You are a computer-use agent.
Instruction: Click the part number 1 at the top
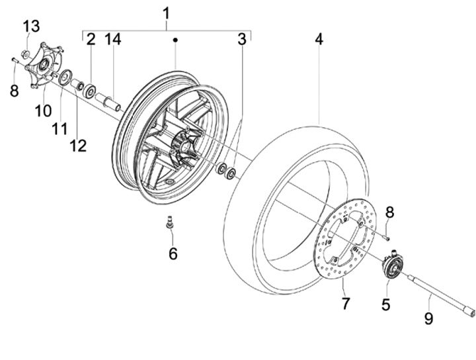(166, 14)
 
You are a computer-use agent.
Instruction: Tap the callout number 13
(32, 26)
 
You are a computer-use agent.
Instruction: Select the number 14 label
(113, 40)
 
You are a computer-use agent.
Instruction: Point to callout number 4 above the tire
(319, 40)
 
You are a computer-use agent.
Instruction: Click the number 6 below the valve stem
(173, 253)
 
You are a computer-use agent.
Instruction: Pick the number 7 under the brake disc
(346, 304)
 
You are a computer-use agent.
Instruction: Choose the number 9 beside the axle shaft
(428, 319)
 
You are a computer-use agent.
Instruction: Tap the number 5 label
(386, 304)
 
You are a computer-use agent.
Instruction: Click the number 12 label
(78, 146)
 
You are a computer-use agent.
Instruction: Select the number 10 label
(43, 111)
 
